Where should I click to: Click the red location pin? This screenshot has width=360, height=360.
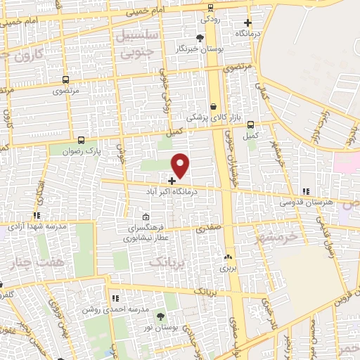pos(181,165)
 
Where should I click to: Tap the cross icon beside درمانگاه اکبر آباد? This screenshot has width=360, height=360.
pos(172,181)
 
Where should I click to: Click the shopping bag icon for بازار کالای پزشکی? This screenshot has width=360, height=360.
pos(213,106)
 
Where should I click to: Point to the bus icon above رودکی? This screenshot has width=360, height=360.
pos(211,9)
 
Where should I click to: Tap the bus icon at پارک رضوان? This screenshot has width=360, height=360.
pos(82,141)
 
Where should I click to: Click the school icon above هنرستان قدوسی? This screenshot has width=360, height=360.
pos(304,191)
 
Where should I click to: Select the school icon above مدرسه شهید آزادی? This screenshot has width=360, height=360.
pos(37,216)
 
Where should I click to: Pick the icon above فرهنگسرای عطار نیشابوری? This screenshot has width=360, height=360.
pos(146,217)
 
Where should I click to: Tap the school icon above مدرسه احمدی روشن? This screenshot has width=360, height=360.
pos(115,300)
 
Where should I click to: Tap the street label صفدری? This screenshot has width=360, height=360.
pos(208,228)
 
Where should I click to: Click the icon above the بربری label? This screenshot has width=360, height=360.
pos(227,257)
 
